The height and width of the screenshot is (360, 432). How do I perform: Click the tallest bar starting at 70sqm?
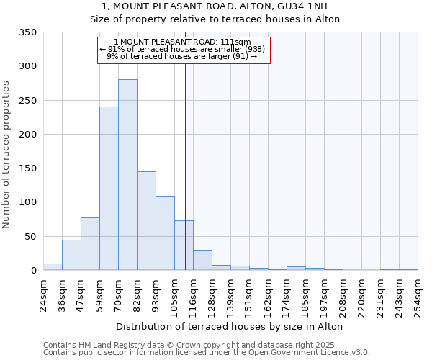127,175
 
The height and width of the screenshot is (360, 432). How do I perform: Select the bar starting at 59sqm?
109,189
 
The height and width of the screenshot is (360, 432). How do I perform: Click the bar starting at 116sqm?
202,261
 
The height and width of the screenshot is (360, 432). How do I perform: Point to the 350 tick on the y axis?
27,32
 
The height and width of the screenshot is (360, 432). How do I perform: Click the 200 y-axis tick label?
27,135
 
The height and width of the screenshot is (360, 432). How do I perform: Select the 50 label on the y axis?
30,237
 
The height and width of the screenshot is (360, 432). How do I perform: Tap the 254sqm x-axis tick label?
418,296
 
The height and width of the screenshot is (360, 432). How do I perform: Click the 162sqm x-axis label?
268,296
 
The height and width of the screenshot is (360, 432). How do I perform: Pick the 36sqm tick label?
62,294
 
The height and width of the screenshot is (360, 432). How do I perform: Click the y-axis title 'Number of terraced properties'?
6,155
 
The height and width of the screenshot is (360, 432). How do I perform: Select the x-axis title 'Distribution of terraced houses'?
229,327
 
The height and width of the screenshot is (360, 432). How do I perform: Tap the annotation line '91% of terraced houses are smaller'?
183,49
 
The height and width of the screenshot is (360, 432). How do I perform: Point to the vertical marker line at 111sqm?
185,166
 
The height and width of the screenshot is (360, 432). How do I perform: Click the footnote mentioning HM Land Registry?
206,345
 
